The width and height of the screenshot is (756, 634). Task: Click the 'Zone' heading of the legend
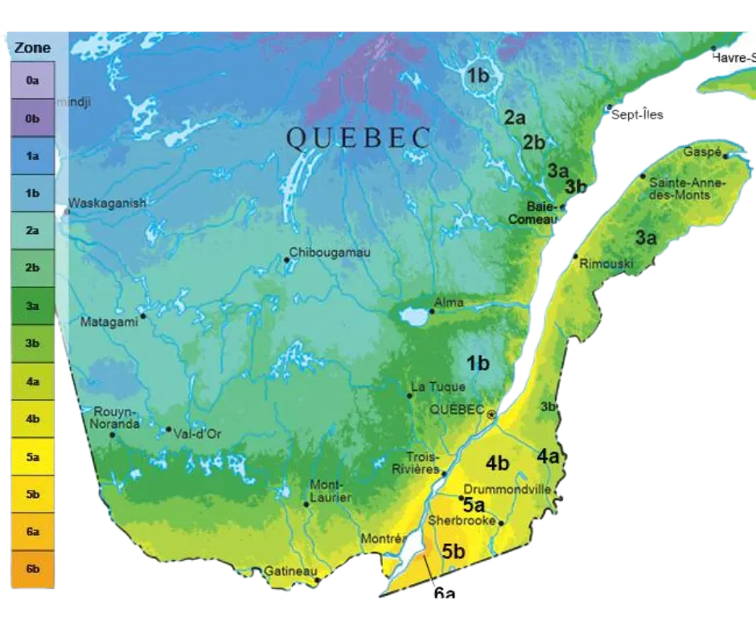pyautogui.click(x=32, y=47)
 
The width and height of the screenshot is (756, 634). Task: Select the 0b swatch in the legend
pyautogui.click(x=32, y=118)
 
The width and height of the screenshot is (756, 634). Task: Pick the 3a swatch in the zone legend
pyautogui.click(x=32, y=306)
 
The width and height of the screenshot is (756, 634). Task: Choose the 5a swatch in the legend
pyautogui.click(x=32, y=457)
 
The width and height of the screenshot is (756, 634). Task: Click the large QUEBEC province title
pyautogui.click(x=359, y=138)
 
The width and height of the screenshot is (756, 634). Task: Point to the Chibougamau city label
pyautogui.click(x=330, y=253)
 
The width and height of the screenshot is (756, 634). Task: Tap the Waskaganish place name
pyautogui.click(x=108, y=204)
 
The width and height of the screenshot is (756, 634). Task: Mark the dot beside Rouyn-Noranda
pyautogui.click(x=113, y=435)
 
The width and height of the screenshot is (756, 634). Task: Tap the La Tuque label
pyautogui.click(x=438, y=387)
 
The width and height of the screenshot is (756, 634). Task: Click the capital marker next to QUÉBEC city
pyautogui.click(x=491, y=414)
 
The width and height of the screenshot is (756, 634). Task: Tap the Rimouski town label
pyautogui.click(x=606, y=264)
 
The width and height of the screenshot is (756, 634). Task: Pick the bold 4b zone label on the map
pyautogui.click(x=497, y=463)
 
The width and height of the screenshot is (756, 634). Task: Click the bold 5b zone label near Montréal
pyautogui.click(x=453, y=551)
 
